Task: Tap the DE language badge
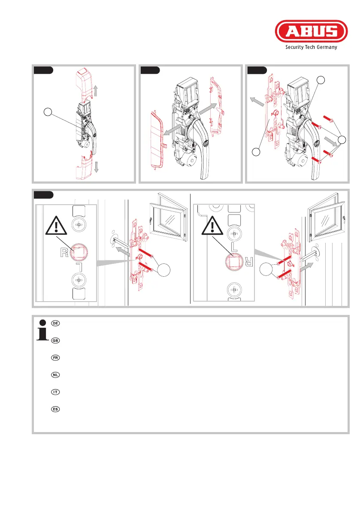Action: click(x=55, y=323)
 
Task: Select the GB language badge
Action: click(x=55, y=340)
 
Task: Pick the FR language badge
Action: click(x=55, y=357)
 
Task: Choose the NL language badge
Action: click(x=55, y=375)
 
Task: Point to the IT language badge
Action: click(x=55, y=392)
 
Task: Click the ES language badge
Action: click(x=55, y=409)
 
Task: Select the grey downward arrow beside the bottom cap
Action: click(x=97, y=167)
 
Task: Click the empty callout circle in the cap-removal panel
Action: click(x=49, y=112)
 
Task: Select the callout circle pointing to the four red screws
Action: click(x=342, y=139)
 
